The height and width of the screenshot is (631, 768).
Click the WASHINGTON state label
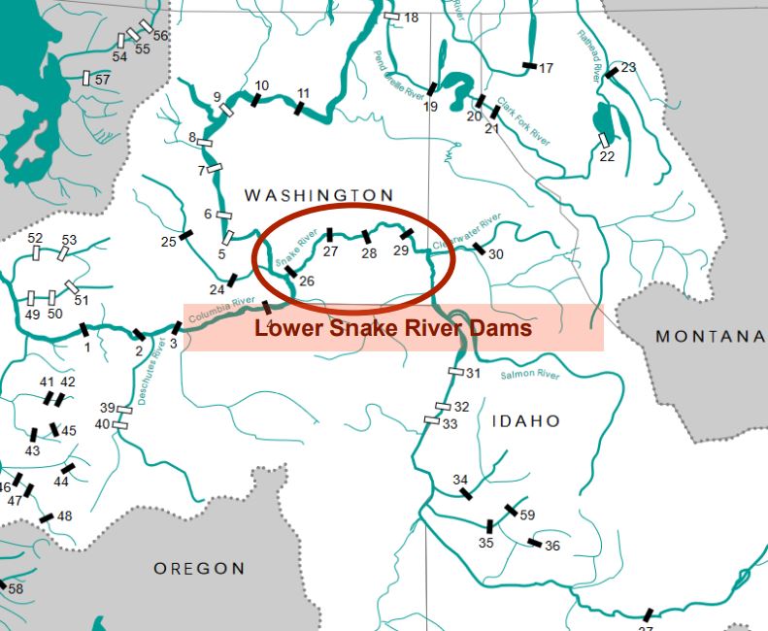318,195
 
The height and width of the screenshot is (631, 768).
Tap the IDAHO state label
525,421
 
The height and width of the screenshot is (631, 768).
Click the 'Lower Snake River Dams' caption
392,328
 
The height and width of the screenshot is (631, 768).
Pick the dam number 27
331,251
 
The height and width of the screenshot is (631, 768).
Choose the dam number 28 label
369,253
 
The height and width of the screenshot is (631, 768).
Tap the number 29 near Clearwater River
401,251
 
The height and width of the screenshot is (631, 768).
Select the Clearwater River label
468,232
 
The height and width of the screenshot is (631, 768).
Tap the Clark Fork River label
524,121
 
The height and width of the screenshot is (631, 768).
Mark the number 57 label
102,80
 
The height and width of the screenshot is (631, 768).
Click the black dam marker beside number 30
479,249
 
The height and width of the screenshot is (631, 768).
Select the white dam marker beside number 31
456,371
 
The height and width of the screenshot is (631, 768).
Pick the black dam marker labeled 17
529,66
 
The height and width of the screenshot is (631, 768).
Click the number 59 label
527,515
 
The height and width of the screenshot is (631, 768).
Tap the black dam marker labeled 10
254,100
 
